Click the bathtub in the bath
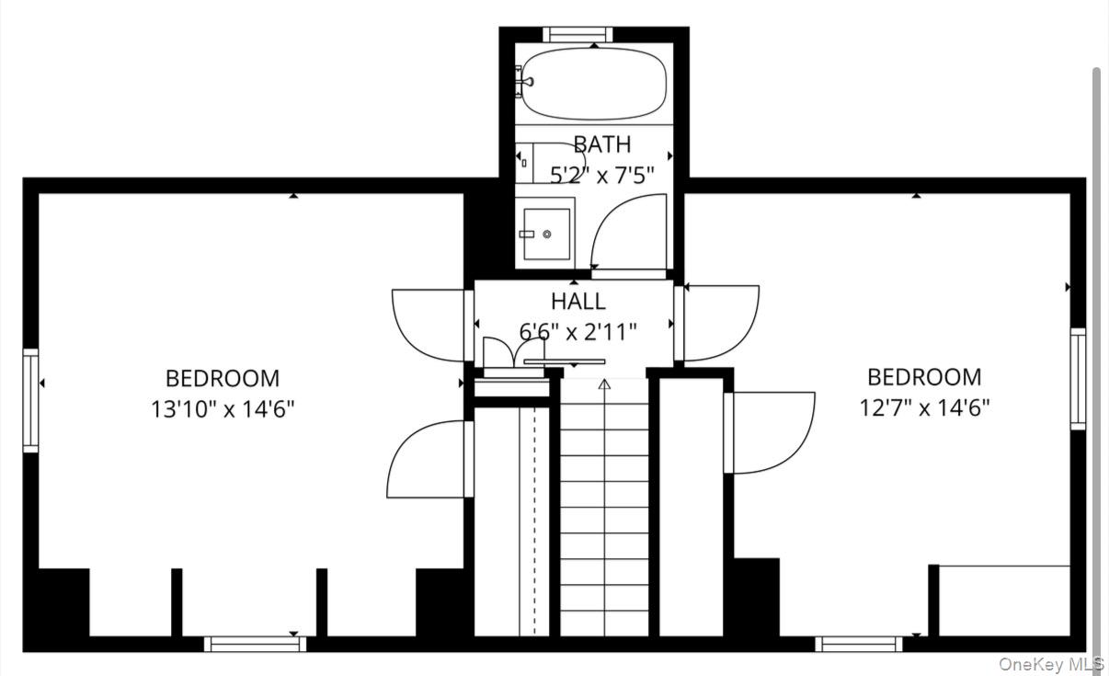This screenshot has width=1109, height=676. pyautogui.click(x=594, y=84)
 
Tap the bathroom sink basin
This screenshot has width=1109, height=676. pyautogui.click(x=546, y=234)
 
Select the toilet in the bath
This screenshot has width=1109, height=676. pyautogui.click(x=551, y=163)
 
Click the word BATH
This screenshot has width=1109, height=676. pyautogui.click(x=602, y=144)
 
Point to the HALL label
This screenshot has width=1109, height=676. pyautogui.click(x=578, y=301)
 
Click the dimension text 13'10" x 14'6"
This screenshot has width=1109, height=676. pyautogui.click(x=223, y=409)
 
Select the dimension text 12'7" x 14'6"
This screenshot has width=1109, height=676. pyautogui.click(x=924, y=408)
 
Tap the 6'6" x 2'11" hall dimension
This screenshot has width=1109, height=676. pyautogui.click(x=577, y=332)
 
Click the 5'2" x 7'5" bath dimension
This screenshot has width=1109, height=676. pyautogui.click(x=602, y=175)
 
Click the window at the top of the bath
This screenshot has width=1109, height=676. pyautogui.click(x=577, y=35)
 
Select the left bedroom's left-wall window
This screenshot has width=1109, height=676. pyautogui.click(x=30, y=400)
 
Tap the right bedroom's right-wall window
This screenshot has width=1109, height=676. pyautogui.click(x=1078, y=379)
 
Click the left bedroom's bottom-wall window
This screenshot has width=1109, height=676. pyautogui.click(x=255, y=644)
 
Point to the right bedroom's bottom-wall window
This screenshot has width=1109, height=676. pyautogui.click(x=859, y=644)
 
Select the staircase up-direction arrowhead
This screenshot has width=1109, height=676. pyautogui.click(x=604, y=384)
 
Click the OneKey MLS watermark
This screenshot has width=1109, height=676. pyautogui.click(x=1051, y=664)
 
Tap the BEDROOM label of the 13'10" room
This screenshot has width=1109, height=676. pyautogui.click(x=223, y=378)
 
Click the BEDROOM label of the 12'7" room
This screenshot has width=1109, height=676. pyautogui.click(x=924, y=377)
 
